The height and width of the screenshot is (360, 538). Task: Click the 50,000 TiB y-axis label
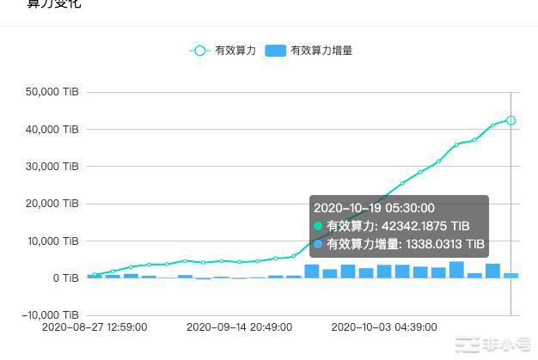[x=53, y=92]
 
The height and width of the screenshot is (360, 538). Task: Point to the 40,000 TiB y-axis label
[x=53, y=129]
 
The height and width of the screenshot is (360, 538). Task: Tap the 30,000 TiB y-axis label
[x=53, y=166]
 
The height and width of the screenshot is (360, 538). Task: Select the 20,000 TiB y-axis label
[x=53, y=204]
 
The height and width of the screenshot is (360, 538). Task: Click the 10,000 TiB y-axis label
[x=53, y=241]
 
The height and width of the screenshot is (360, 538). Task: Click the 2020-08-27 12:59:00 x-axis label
[x=95, y=327]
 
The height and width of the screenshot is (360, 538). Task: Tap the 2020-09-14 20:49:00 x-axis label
[x=239, y=327]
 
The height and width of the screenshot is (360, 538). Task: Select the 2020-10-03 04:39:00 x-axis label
[x=384, y=327]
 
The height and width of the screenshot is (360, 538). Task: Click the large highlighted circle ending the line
[x=510, y=120]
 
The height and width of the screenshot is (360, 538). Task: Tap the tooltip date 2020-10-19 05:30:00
[x=374, y=208]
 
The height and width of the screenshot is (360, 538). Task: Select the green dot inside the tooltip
[x=319, y=226]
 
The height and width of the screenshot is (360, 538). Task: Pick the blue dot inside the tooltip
[x=319, y=245]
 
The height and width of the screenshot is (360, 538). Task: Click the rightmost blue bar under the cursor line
[x=510, y=275]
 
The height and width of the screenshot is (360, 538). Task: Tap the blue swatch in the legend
[x=276, y=51]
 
